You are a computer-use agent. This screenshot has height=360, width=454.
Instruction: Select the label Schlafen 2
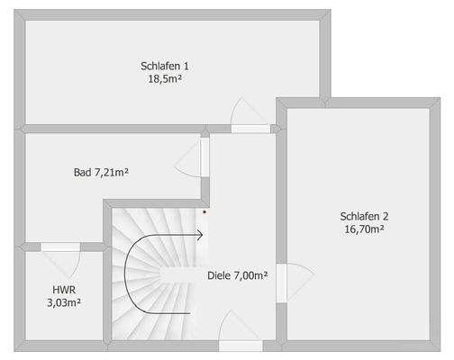click(x=365, y=216)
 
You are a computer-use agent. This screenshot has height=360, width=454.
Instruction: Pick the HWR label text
click(x=63, y=290)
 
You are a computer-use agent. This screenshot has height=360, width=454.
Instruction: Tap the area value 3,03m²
click(x=63, y=302)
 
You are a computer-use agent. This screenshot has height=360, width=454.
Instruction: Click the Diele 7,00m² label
click(x=237, y=275)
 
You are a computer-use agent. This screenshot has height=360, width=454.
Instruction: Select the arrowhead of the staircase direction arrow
click(x=203, y=236)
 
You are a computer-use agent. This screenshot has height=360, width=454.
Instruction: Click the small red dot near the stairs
click(x=204, y=212)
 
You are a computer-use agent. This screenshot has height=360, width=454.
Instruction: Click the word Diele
click(x=219, y=275)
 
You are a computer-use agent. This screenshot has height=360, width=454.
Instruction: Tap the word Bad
click(x=82, y=171)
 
